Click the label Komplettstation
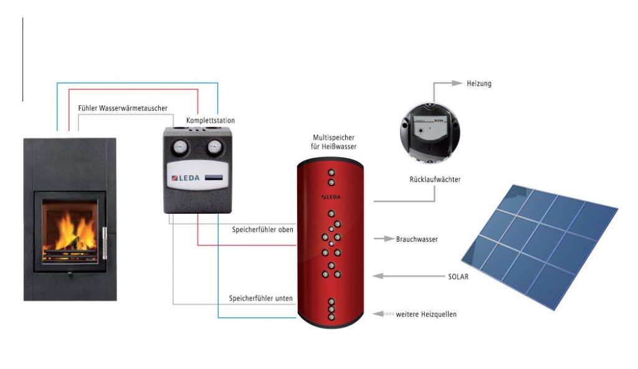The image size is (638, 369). pyautogui.click(x=211, y=120)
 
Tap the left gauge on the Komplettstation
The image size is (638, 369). pyautogui.click(x=180, y=147)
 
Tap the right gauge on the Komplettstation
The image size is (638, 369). pyautogui.click(x=214, y=147)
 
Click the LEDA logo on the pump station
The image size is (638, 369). pyautogui.click(x=186, y=178)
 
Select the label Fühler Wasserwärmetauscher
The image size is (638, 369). pyautogui.click(x=123, y=108)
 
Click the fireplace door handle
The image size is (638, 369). pyautogui.click(x=104, y=243)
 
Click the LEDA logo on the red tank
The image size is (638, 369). pyautogui.click(x=331, y=197)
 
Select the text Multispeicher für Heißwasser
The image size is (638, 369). pyautogui.click(x=334, y=142)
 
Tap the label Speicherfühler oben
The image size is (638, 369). pyautogui.click(x=262, y=230)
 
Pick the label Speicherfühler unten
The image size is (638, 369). pyautogui.click(x=261, y=298)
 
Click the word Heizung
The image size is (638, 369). pyautogui.click(x=479, y=84)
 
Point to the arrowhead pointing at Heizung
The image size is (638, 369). pyautogui.click(x=457, y=83)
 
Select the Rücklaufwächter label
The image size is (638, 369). pyautogui.click(x=435, y=180)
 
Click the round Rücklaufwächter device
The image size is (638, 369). pyautogui.click(x=430, y=133)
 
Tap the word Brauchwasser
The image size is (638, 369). pyautogui.click(x=417, y=239)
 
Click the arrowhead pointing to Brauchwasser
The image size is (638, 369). pyautogui.click(x=389, y=239)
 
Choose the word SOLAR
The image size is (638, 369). pyautogui.click(x=458, y=277)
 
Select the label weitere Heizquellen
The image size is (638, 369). pyautogui.click(x=426, y=314)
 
